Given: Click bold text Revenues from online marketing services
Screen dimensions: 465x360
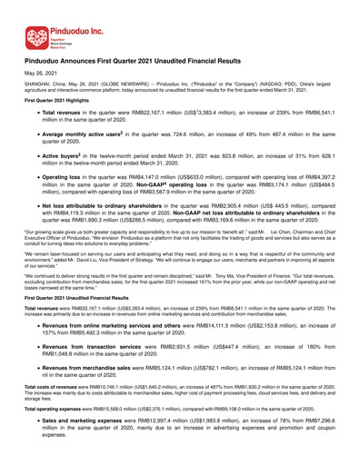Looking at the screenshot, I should (137, 376).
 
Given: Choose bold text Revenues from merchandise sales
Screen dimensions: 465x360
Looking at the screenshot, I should (121, 418).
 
